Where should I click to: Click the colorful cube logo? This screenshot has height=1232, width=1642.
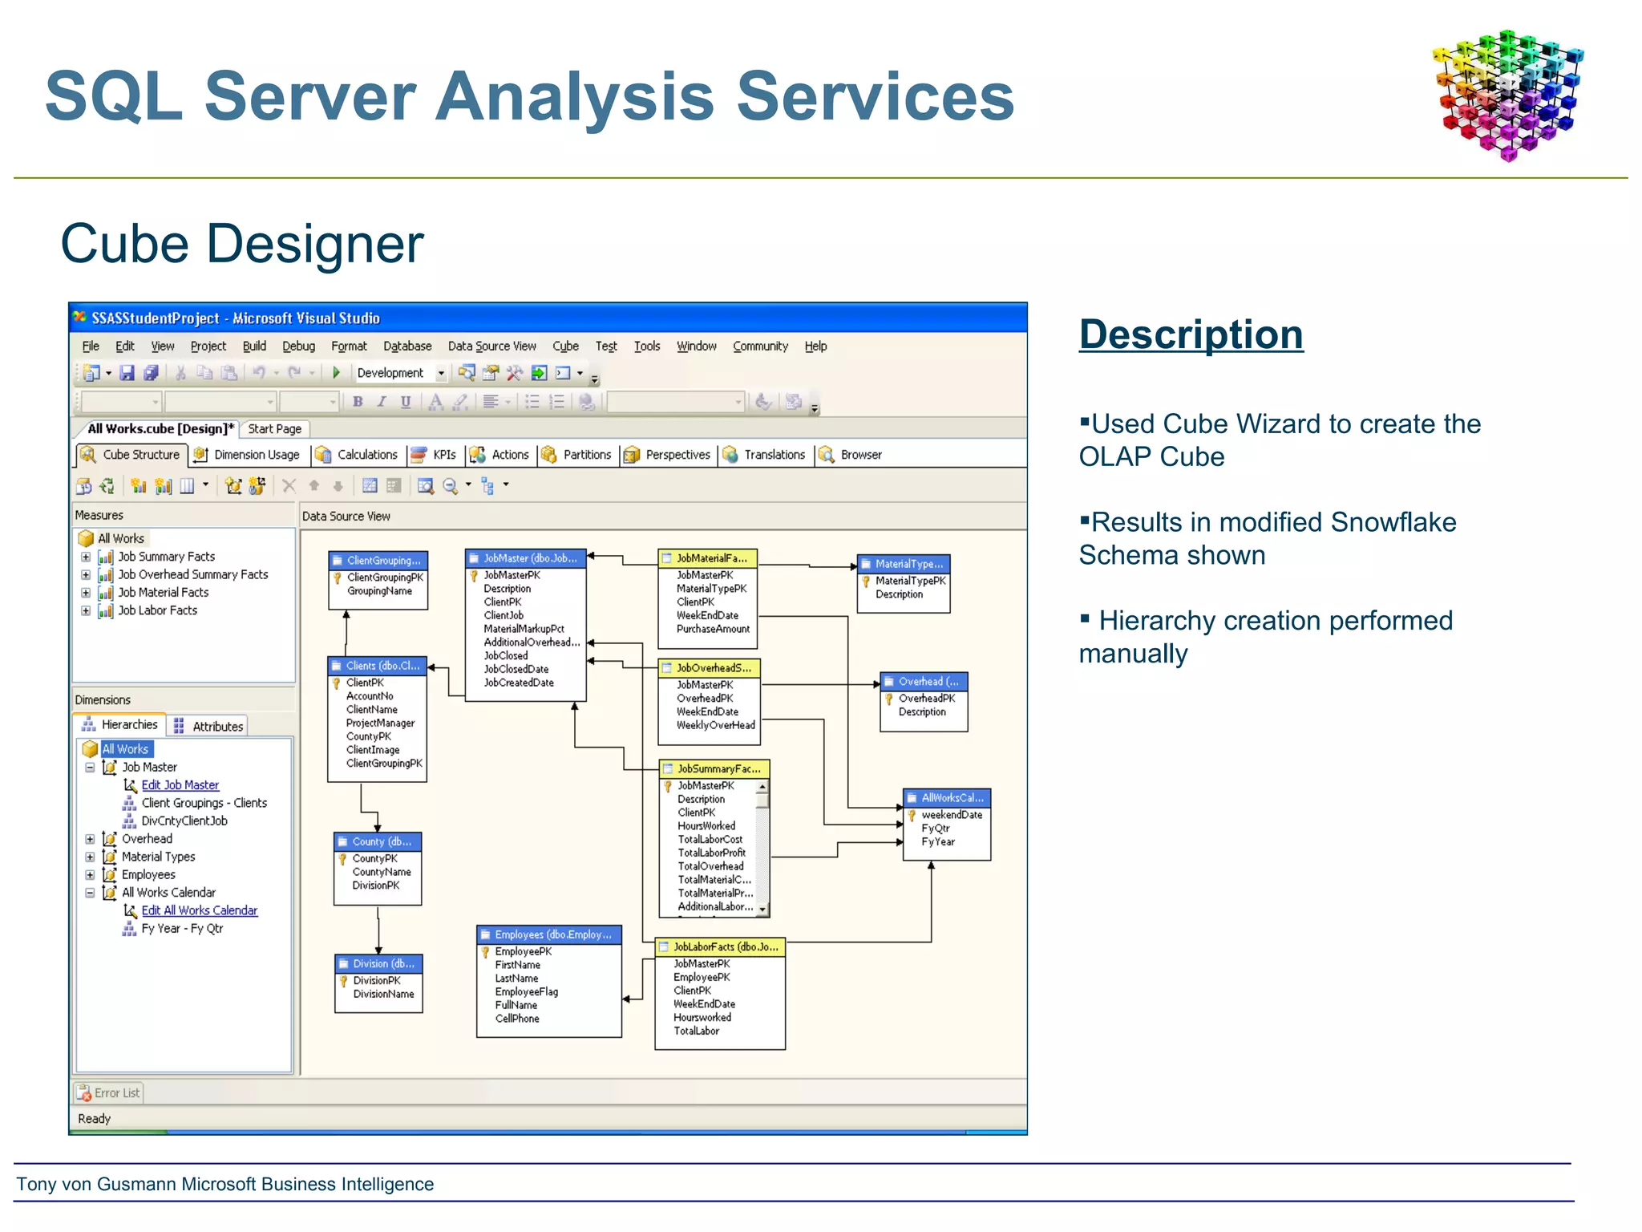tap(1508, 95)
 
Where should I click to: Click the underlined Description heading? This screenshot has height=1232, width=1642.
tap(1191, 334)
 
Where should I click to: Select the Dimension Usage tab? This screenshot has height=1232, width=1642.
tap(256, 455)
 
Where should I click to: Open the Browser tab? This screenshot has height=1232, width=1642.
tap(860, 455)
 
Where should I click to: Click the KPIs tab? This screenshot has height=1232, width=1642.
tap(443, 455)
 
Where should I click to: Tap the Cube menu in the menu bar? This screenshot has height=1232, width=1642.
tap(565, 346)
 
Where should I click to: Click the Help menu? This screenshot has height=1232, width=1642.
tap(815, 346)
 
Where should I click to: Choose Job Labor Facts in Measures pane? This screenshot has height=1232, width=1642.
tap(157, 610)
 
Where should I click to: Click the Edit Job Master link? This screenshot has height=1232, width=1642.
tap(180, 785)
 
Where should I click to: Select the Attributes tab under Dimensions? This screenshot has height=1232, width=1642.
tap(216, 727)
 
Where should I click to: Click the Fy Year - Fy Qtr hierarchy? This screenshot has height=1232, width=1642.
tap(182, 929)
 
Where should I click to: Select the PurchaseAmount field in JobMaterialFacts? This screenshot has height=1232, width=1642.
tap(713, 629)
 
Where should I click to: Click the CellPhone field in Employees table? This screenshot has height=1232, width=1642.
tap(517, 1019)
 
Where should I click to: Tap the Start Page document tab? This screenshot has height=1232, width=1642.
tap(274, 429)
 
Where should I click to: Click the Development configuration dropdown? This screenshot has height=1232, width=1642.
tap(400, 373)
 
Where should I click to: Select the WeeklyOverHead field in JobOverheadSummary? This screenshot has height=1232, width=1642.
tap(715, 725)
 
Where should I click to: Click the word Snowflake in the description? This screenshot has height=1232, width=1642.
tap(1393, 522)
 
